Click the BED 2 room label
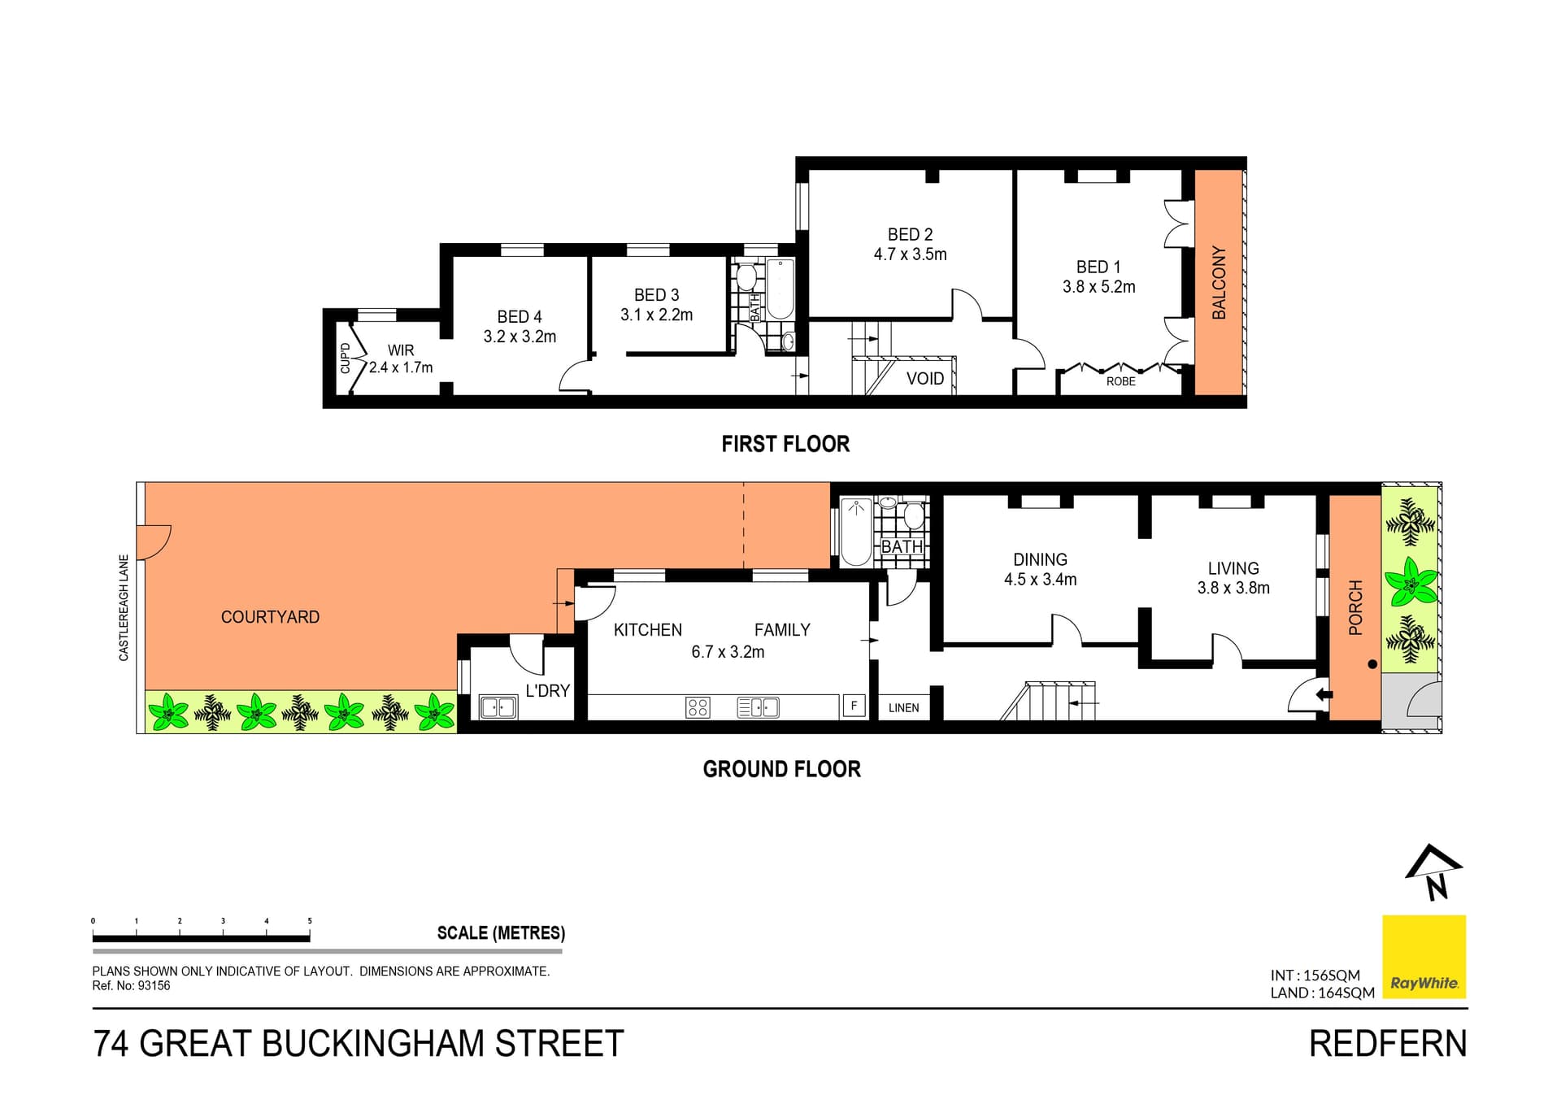(910, 234)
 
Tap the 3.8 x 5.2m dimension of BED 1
(1098, 287)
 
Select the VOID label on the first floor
(925, 379)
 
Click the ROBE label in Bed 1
(1120, 381)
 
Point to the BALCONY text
(1219, 282)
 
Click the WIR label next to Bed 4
(401, 350)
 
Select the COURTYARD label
(270, 617)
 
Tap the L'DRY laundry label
(547, 691)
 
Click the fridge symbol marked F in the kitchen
(854, 706)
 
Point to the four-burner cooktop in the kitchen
(698, 707)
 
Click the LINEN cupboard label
(903, 708)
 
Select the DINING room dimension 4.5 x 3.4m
(1040, 580)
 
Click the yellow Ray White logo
(1424, 957)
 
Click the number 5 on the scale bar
(310, 921)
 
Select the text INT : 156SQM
(1315, 976)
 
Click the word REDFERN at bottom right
(1388, 1045)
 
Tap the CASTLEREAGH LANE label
(124, 607)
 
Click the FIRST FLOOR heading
(785, 444)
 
